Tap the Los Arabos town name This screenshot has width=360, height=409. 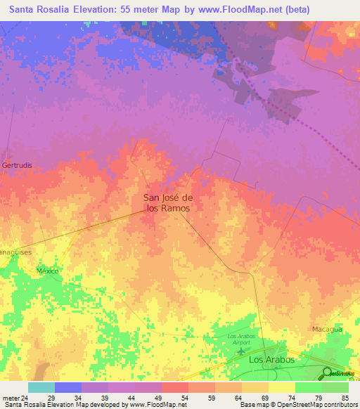(272, 359)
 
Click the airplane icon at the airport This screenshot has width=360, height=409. (243, 350)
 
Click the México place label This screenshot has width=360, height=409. (47, 271)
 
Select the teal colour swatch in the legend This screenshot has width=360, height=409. (41, 387)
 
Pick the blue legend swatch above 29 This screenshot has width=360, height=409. (68, 387)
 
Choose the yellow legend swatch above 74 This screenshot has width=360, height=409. (282, 387)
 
